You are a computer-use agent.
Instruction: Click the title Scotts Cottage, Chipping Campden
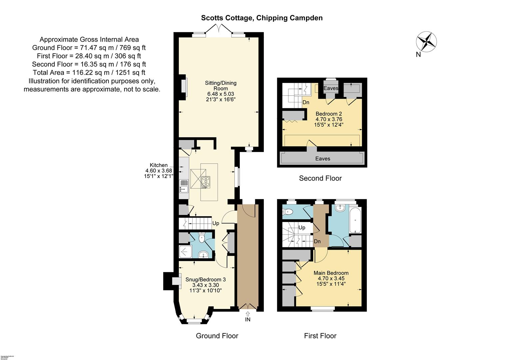[261, 18]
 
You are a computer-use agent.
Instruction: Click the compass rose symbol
[426, 42]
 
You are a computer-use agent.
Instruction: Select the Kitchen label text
[159, 165]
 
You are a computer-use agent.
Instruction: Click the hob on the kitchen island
[206, 182]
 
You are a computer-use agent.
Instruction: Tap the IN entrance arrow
[248, 314]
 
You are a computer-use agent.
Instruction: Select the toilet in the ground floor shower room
[202, 238]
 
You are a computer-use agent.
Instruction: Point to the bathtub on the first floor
[355, 220]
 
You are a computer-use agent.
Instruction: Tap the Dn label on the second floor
[306, 102]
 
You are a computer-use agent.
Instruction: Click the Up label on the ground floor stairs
[216, 223]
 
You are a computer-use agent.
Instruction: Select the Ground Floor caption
[217, 336]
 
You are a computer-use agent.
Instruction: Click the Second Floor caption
[320, 178]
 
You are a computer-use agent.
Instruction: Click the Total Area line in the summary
[89, 73]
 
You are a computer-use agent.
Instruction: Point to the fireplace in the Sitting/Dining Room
[184, 87]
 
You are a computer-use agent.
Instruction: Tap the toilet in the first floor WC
[288, 211]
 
